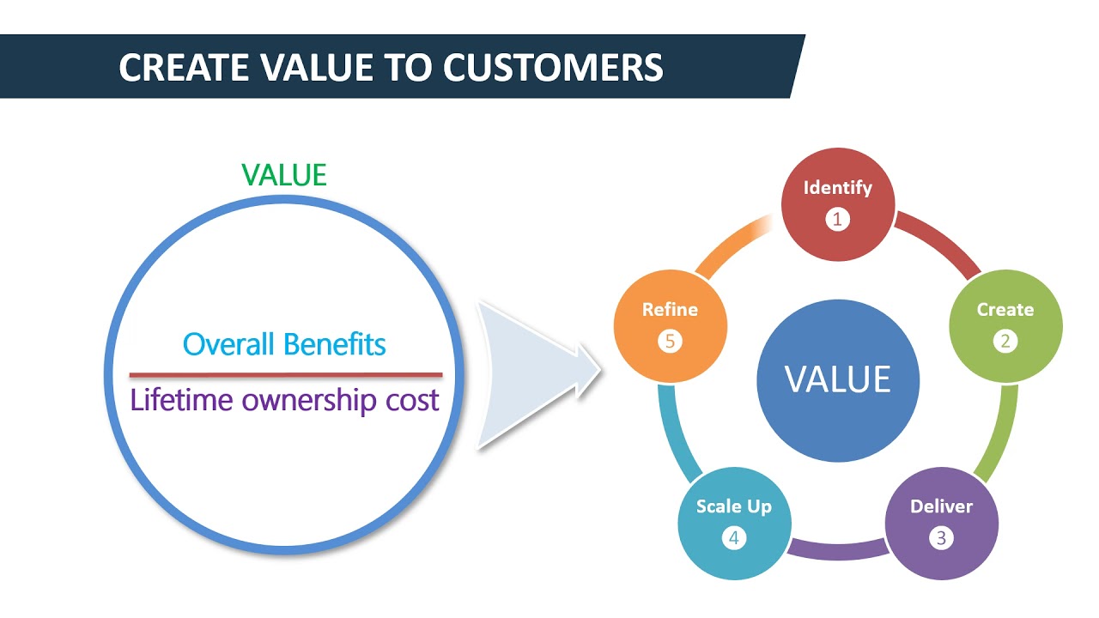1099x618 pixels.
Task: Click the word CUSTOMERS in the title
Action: point(553,67)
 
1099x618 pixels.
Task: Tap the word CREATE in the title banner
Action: point(184,67)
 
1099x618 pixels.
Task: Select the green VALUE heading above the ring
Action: point(284,175)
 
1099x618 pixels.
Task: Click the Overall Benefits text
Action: point(284,344)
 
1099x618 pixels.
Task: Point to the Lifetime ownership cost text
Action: point(284,401)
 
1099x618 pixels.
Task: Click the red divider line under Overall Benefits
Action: point(286,375)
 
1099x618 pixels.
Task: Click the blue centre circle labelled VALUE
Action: point(838,380)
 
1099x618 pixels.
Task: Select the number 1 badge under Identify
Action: point(837,219)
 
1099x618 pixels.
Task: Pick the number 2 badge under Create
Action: point(1005,341)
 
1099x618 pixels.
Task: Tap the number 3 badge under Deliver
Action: point(941,538)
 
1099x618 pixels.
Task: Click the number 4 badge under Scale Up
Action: point(734,538)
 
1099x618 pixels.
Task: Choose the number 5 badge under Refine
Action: point(670,341)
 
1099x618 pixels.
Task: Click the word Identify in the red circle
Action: point(837,188)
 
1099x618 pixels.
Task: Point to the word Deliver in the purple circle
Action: point(941,506)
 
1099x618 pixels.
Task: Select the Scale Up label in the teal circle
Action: point(734,506)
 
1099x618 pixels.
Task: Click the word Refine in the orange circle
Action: point(670,310)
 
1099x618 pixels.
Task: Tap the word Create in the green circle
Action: point(1005,310)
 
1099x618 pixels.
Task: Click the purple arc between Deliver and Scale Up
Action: point(838,550)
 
